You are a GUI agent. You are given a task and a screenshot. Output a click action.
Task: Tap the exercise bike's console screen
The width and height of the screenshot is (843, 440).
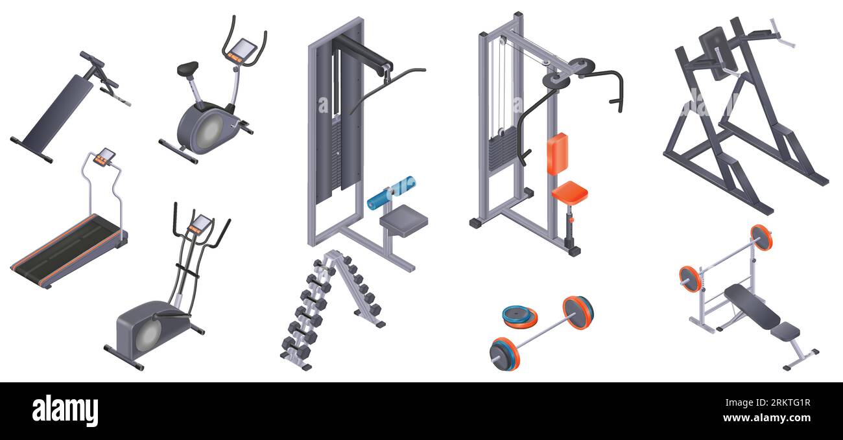tap(245, 49)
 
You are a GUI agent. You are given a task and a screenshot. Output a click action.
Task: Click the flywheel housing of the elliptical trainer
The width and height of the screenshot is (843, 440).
tap(146, 330)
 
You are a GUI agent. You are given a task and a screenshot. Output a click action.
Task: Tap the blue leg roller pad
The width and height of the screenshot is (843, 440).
tap(391, 193)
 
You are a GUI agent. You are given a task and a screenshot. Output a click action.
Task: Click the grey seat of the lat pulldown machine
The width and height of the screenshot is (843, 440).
tap(403, 219)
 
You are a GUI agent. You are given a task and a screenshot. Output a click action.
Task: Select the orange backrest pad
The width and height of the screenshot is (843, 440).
tap(557, 154)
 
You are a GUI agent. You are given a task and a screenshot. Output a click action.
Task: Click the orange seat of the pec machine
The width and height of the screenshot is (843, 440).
tap(569, 191)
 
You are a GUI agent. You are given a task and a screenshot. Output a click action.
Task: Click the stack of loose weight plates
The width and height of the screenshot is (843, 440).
tap(519, 316)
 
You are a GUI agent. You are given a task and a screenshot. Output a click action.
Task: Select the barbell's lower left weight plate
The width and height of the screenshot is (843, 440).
tap(505, 353)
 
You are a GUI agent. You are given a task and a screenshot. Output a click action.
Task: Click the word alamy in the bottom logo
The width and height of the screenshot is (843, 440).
tap(65, 411)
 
